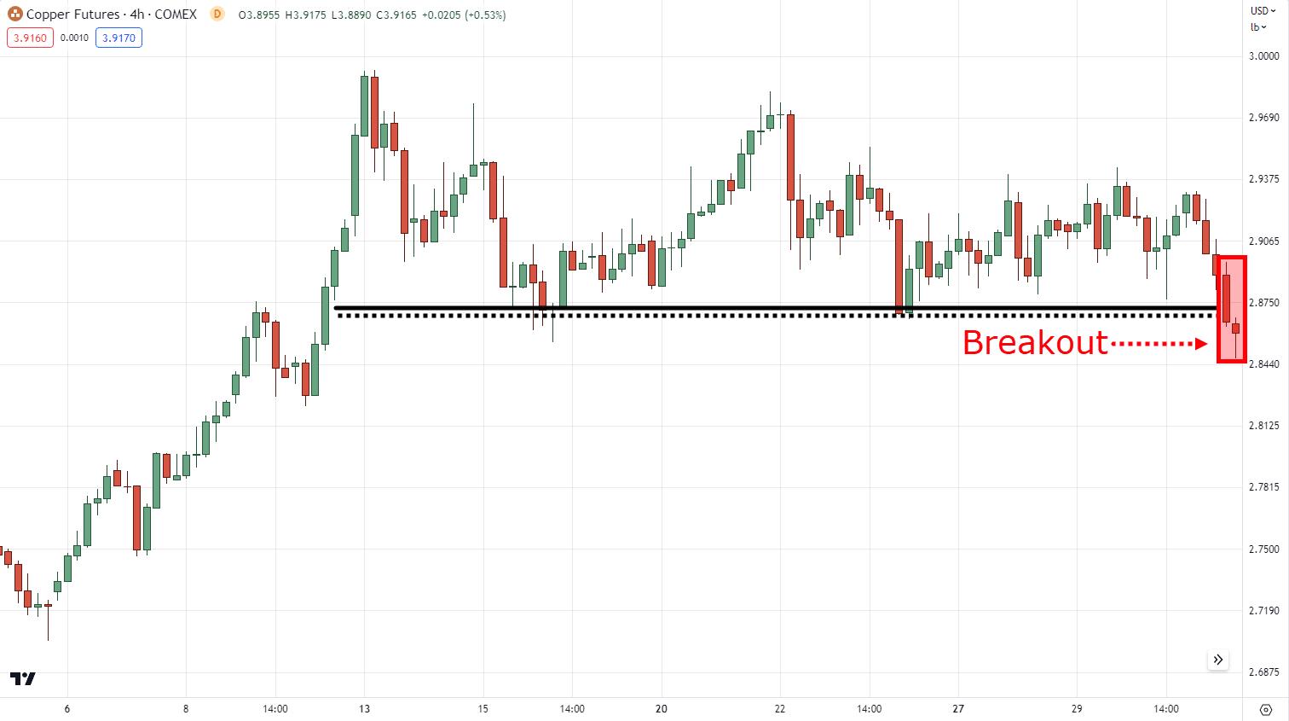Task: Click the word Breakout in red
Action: pyautogui.click(x=1035, y=343)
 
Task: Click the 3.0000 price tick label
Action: pyautogui.click(x=1264, y=56)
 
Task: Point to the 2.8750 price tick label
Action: pyautogui.click(x=1264, y=303)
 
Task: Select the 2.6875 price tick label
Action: pyautogui.click(x=1264, y=672)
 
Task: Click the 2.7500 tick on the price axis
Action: pyautogui.click(x=1264, y=549)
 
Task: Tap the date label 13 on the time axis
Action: pyautogui.click(x=364, y=709)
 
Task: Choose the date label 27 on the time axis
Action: pyautogui.click(x=958, y=709)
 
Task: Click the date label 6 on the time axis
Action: pyautogui.click(x=66, y=709)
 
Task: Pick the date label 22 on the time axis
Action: pyautogui.click(x=780, y=709)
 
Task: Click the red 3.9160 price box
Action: pyautogui.click(x=30, y=38)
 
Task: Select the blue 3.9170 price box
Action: pyautogui.click(x=118, y=38)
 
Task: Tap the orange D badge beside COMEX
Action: pyautogui.click(x=217, y=14)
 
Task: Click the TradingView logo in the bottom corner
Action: pyautogui.click(x=23, y=678)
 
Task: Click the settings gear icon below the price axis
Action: pyautogui.click(x=1265, y=709)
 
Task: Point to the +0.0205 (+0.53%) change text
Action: pyautogui.click(x=467, y=15)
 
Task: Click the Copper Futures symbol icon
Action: pyautogui.click(x=14, y=15)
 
